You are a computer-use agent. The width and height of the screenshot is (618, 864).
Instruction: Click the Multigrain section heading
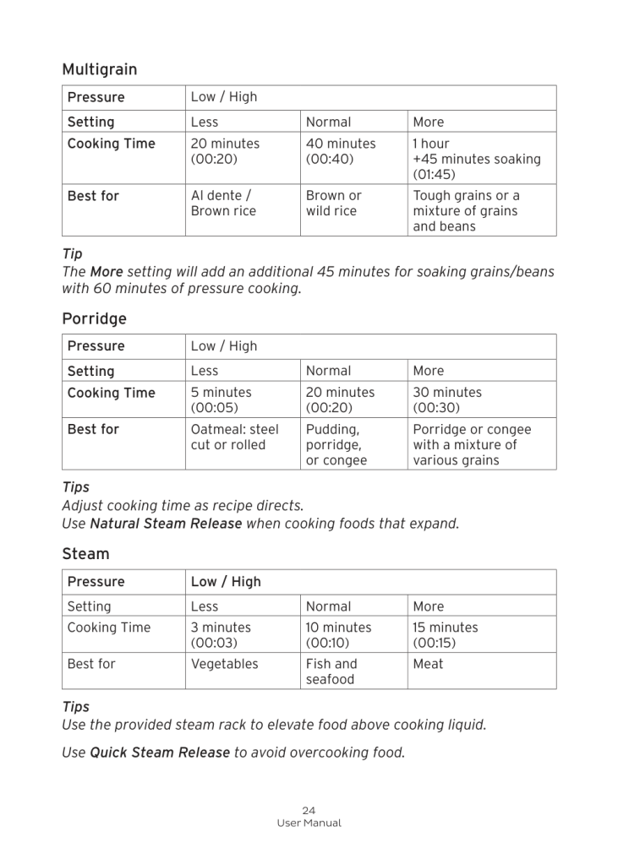99,69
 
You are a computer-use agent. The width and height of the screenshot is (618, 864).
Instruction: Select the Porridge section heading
94,318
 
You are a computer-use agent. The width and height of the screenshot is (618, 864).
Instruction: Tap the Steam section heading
85,554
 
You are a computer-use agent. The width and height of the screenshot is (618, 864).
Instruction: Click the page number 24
309,811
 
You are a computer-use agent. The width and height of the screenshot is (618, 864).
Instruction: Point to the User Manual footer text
309,823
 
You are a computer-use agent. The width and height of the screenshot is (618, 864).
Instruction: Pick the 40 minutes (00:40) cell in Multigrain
340,151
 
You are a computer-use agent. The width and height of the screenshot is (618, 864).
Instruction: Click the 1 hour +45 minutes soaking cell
476,159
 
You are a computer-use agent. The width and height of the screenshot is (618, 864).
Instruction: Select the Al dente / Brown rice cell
223,204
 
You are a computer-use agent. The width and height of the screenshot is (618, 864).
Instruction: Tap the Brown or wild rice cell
333,204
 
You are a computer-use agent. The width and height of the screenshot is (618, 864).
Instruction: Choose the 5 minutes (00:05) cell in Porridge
221,399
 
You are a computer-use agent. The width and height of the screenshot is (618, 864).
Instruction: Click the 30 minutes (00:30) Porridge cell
447,399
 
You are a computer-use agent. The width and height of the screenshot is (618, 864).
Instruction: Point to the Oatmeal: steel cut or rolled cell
234,437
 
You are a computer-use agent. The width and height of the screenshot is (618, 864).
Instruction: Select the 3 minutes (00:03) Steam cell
221,635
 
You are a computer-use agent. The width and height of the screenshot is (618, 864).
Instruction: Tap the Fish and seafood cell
331,671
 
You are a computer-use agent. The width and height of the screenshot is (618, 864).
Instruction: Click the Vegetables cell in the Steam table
224,664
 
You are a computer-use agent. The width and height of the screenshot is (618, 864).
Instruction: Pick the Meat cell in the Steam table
428,664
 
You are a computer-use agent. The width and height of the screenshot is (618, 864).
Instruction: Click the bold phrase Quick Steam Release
160,753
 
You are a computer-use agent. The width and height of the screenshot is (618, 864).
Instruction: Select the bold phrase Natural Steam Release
166,524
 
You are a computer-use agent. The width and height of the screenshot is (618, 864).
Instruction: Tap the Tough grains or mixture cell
466,211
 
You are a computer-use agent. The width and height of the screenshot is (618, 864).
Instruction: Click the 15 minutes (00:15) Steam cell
445,635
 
